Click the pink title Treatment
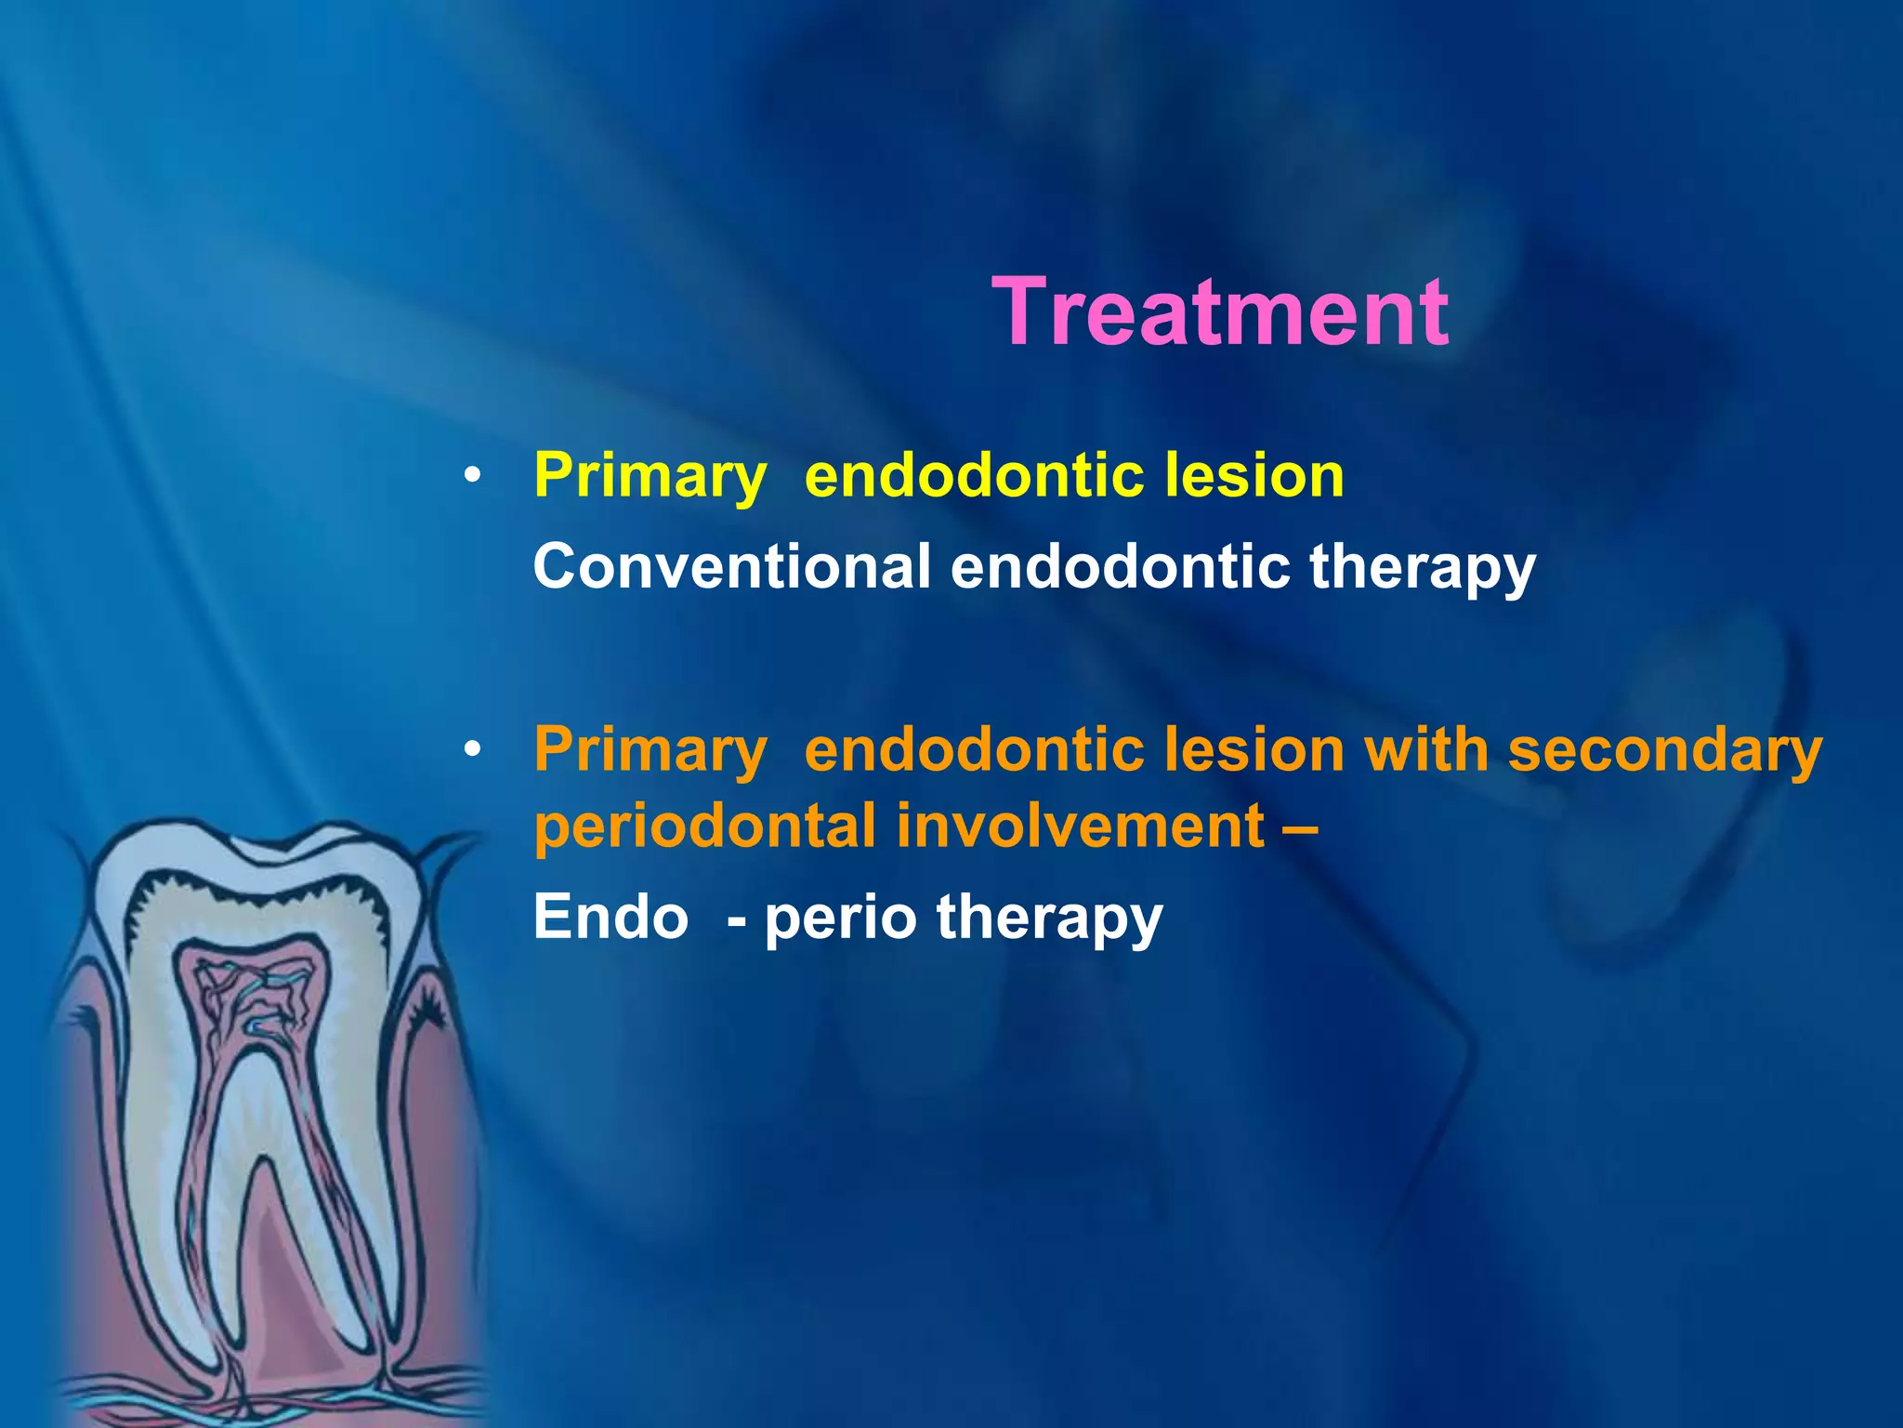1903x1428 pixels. (x=1220, y=313)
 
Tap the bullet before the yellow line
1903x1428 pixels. (x=473, y=477)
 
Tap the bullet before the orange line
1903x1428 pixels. (x=473, y=749)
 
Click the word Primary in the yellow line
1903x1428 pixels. (x=650, y=477)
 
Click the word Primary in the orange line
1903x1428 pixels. (x=650, y=749)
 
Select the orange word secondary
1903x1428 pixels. (x=1664, y=749)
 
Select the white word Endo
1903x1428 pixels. (x=610, y=918)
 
